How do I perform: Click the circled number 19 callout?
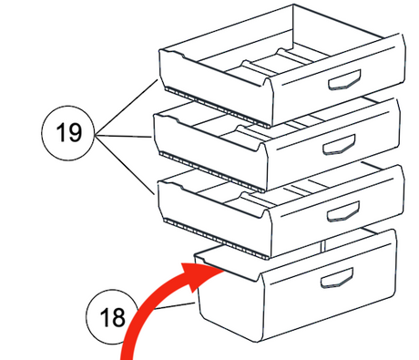coord(67,133)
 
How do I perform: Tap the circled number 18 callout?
coord(112,317)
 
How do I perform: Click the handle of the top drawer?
coord(345,80)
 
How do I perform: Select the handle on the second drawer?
coord(339,145)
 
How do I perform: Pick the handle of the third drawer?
coord(343,211)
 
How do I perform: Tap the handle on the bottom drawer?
coord(337,278)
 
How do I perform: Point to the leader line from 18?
coord(175,305)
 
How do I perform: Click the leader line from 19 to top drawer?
coord(127,107)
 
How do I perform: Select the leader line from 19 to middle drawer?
coord(123,136)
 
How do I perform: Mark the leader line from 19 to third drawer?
coord(125,164)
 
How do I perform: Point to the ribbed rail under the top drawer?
coord(218,107)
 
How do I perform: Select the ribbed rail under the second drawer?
coord(212,172)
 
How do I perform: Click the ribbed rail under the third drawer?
coord(216,238)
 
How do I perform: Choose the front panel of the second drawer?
coord(333,144)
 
